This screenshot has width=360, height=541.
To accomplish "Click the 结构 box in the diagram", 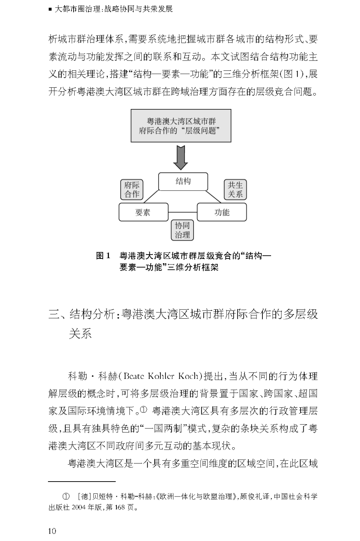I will pos(183,182).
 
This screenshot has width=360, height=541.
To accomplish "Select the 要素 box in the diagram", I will pos(143,212).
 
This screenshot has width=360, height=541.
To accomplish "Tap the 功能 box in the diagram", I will pos(222,212).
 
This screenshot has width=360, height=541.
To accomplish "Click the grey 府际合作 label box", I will pos(132,190).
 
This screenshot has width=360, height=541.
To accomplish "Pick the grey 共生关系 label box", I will pos(235,190).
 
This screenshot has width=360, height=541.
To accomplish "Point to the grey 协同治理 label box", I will pos(183,230).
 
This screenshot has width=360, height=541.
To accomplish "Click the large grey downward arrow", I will pos(181,157).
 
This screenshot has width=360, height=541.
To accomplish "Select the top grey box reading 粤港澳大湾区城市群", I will pos(181,126).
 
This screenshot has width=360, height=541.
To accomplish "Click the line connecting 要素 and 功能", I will pos(183,212).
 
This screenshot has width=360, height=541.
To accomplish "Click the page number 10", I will pos(52,531).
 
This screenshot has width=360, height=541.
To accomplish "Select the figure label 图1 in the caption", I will pos(103,256).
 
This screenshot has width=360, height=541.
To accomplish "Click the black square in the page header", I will pos(50,9).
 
